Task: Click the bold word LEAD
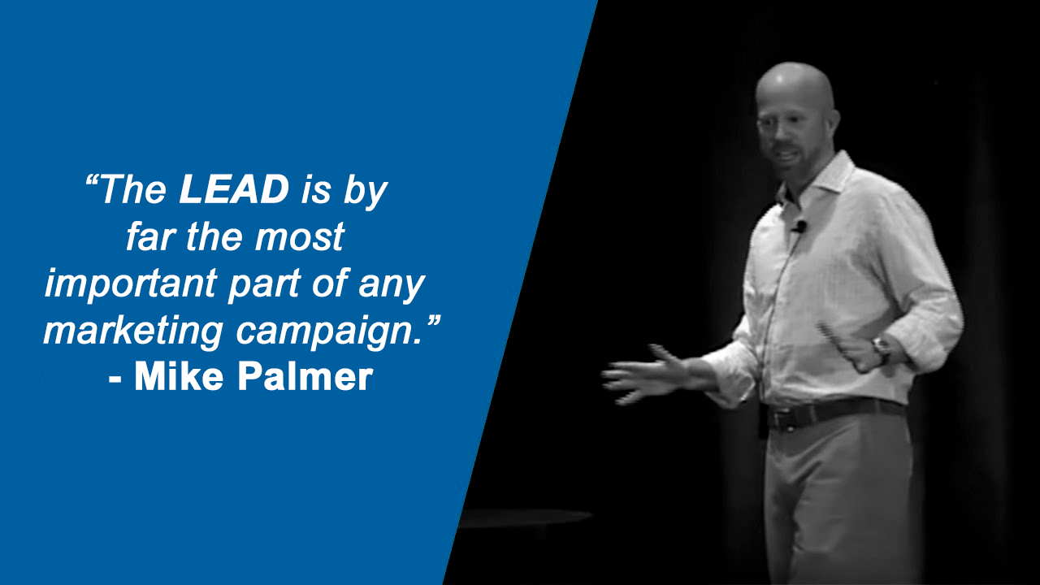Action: tap(234, 189)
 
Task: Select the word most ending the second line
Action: tap(300, 237)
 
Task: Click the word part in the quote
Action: tap(264, 285)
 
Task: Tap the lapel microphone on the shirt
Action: tap(799, 227)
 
